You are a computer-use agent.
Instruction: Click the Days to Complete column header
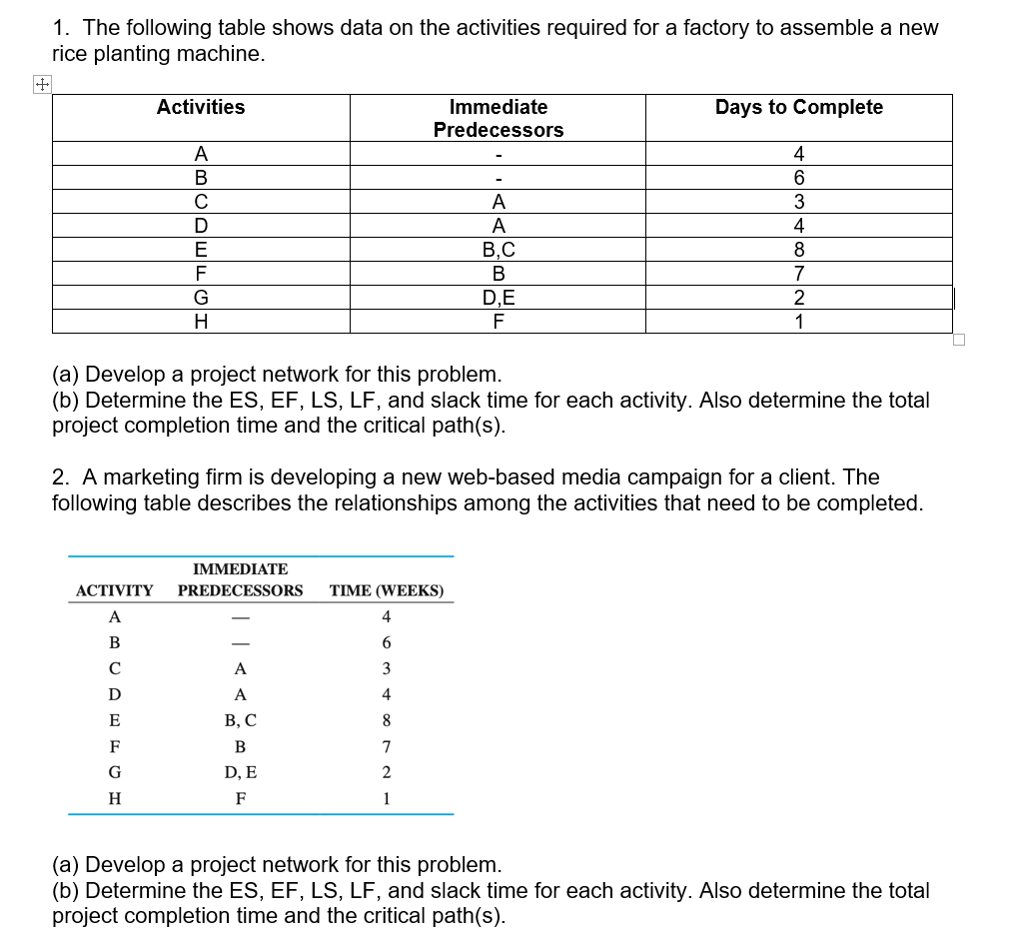point(798,108)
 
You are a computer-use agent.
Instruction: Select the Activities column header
point(201,108)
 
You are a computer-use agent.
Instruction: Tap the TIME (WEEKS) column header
point(386,590)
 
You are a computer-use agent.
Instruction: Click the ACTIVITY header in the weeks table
point(114,590)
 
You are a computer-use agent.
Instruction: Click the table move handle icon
point(41,86)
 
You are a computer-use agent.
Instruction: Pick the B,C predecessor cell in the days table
point(498,250)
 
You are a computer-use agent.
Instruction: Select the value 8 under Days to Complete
point(798,250)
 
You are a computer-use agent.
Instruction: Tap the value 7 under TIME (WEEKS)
point(386,746)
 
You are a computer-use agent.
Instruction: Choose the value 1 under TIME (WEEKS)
point(386,798)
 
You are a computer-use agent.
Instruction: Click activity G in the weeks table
point(114,772)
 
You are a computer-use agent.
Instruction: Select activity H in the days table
point(201,322)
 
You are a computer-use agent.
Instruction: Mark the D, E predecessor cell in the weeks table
point(240,772)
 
